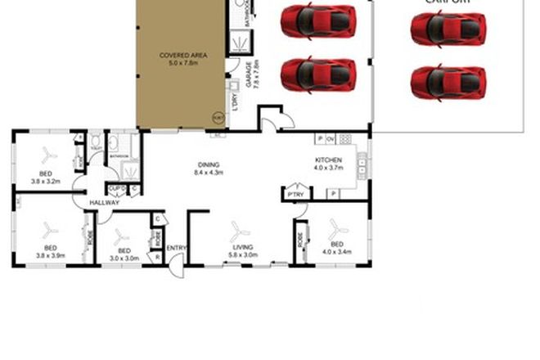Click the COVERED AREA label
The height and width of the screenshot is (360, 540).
point(183,55)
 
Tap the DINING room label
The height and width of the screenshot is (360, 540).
point(207,164)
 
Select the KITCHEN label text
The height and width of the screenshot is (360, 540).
point(328,160)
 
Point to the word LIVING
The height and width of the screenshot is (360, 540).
point(242,246)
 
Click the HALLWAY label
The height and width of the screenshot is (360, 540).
point(105,203)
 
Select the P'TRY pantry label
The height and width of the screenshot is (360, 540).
point(295,195)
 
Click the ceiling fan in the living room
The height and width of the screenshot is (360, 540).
point(240,230)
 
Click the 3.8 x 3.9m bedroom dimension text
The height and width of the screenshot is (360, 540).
point(50,255)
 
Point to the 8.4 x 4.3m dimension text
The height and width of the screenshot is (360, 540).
point(207,173)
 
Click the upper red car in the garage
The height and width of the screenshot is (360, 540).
point(318,21)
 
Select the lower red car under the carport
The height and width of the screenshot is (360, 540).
point(448,82)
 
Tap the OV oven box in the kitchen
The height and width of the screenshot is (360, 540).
point(331,138)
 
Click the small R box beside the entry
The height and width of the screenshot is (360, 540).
point(157,257)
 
